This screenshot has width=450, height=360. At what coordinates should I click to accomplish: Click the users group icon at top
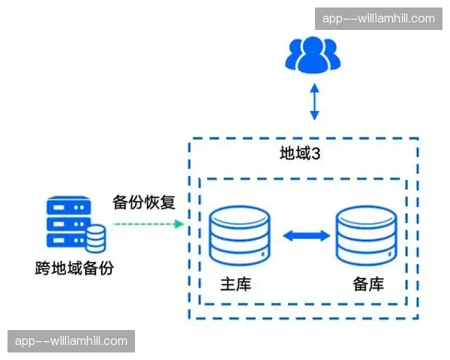(313, 54)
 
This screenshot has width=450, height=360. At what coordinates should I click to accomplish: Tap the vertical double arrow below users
(315, 103)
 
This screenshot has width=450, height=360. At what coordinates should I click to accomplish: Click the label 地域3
(300, 154)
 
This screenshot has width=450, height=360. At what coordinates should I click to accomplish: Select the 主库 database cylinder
(241, 234)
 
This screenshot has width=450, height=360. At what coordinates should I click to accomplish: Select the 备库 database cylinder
(366, 234)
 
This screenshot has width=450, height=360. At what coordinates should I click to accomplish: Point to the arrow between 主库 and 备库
(306, 235)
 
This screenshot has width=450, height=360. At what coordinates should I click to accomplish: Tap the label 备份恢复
(143, 202)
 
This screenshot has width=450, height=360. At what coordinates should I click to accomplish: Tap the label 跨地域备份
(74, 268)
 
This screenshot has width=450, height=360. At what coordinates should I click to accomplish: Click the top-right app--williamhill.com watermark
(378, 19)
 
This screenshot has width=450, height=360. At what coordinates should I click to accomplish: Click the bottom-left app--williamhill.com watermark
(72, 341)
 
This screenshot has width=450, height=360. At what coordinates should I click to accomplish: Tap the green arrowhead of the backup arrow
(178, 223)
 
